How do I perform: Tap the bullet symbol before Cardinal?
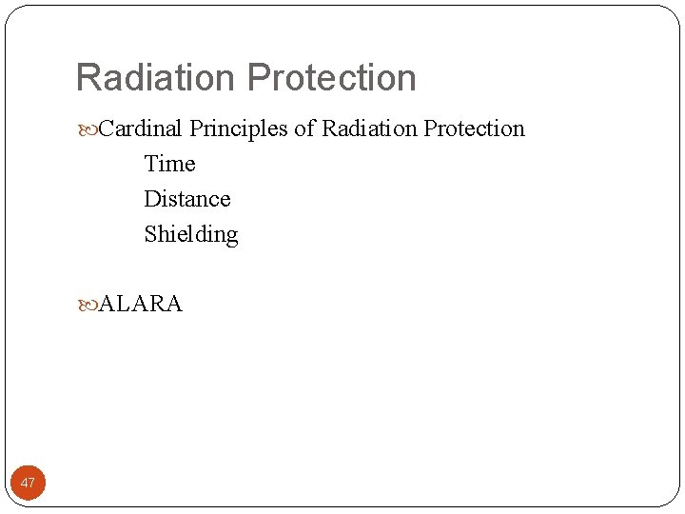[x=89, y=129]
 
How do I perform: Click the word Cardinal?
[x=142, y=128]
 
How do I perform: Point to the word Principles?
[x=239, y=129]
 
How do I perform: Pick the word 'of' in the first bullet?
[x=304, y=128]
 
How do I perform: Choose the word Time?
[x=169, y=164]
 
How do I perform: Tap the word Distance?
[x=187, y=199]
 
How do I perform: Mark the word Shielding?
[x=191, y=235]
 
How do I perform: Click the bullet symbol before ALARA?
[x=89, y=306]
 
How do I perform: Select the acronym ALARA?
[x=141, y=305]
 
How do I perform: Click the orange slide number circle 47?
[x=28, y=483]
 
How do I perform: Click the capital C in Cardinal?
[x=107, y=128]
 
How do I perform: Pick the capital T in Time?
[x=151, y=164]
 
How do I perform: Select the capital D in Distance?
[x=152, y=199]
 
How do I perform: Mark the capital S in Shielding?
[x=150, y=234]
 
